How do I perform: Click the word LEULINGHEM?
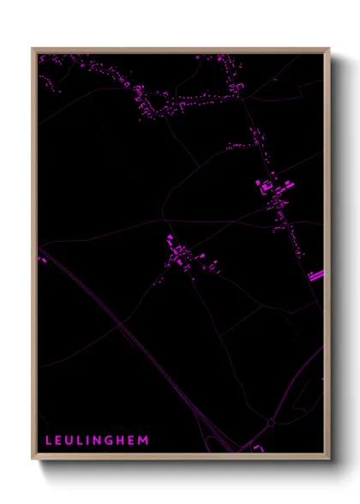(x=97, y=441)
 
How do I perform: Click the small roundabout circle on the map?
(x=272, y=423)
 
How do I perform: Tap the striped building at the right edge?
(x=316, y=275)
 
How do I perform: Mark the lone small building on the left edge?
(x=39, y=258)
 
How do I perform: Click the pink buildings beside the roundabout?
(x=257, y=447)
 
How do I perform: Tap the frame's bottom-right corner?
(x=328, y=459)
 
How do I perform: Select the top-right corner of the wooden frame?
(x=328, y=49)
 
